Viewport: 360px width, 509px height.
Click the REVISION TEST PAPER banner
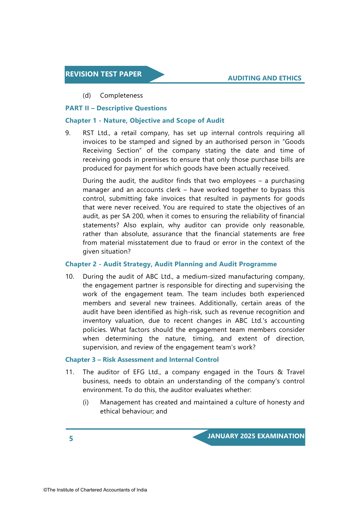104,74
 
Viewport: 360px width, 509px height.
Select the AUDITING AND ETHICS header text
264,78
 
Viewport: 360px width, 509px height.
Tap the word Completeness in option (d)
121,96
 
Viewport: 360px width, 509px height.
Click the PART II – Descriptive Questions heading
116,108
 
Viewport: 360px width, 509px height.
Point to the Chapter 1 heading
145,121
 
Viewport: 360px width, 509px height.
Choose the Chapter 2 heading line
171,264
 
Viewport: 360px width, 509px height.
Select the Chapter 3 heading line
142,360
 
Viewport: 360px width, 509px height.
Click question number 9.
68,133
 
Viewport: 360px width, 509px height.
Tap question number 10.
70,277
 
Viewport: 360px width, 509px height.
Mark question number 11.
70,372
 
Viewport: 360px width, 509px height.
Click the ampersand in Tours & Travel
280,372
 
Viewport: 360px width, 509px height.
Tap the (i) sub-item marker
86,402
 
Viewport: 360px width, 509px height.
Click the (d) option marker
87,96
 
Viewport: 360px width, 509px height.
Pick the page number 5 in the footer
71,439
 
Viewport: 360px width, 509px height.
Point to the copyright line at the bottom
95,490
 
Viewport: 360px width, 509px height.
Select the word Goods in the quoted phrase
296,142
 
